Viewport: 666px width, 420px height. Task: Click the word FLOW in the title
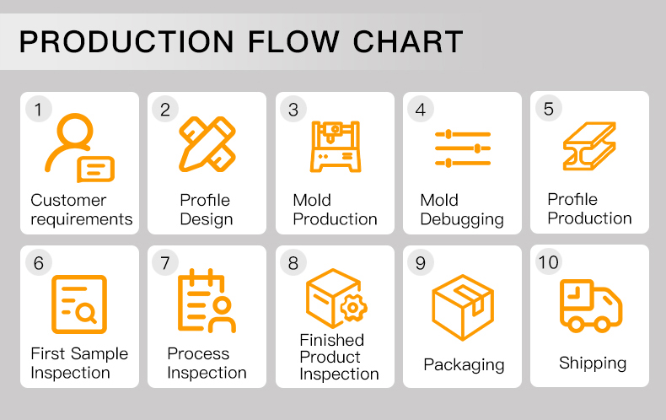(293, 41)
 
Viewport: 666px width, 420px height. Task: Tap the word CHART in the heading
(408, 41)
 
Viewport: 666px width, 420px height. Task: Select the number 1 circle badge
(38, 110)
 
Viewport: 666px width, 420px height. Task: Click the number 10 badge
(548, 261)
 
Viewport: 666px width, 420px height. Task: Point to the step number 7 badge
(165, 263)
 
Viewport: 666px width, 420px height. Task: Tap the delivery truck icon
(591, 305)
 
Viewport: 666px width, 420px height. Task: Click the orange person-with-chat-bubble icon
(79, 148)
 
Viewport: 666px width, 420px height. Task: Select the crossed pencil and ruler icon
(207, 144)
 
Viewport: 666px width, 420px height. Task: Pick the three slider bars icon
(463, 148)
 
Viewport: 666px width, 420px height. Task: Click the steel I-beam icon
(589, 146)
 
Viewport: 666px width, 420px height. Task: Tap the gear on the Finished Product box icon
(352, 307)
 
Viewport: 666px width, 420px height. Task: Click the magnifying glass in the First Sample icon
(86, 314)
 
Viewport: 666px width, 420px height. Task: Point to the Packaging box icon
(463, 307)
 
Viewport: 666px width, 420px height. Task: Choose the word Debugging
(462, 220)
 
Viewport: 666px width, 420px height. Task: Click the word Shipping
(593, 363)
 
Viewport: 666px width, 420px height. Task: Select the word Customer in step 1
(68, 200)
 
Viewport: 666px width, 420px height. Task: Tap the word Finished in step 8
(331, 340)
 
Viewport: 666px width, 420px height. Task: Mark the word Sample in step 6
(99, 354)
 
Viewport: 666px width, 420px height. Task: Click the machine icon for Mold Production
(336, 146)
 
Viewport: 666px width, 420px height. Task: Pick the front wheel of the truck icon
(602, 325)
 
